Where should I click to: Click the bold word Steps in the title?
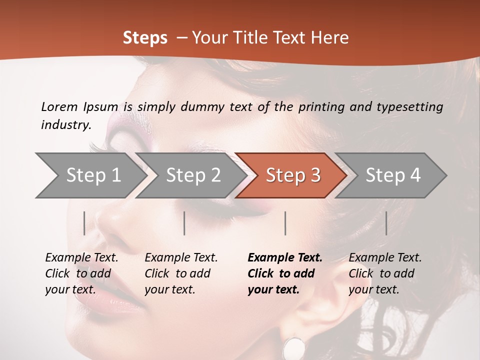point(145,38)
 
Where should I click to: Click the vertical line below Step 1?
point(84,223)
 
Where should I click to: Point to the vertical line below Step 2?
point(184,223)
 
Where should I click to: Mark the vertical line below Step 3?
point(285,223)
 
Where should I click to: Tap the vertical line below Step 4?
point(386,223)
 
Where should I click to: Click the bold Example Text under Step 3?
point(285,273)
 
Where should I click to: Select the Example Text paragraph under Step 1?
point(81,273)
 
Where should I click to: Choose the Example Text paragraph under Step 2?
point(181,273)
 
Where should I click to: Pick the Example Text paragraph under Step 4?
point(385,273)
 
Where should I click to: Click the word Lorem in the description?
point(59,107)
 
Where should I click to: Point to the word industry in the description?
point(65,125)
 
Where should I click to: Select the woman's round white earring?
point(294,348)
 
